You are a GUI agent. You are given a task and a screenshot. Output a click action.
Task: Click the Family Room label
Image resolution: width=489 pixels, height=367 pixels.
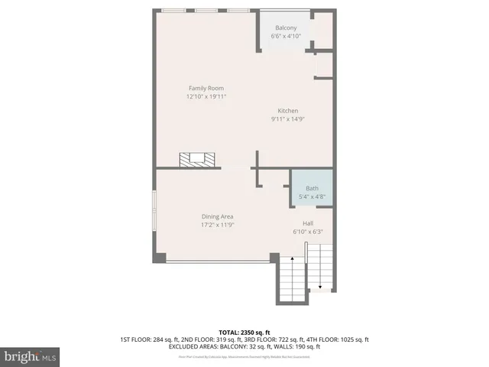[x=206, y=88]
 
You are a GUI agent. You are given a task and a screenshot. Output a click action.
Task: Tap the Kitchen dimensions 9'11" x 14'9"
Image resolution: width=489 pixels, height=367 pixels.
[x=288, y=119]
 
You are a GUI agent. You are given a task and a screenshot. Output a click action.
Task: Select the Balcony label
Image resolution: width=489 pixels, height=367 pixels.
[x=287, y=28]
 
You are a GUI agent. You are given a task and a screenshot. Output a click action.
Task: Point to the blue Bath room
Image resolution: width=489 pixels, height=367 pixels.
[x=312, y=193]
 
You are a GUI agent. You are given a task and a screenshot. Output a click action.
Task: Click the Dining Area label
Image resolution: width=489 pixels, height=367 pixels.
[x=217, y=216]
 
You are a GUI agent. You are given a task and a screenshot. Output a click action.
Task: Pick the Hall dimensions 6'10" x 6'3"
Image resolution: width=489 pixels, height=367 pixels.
[x=308, y=232]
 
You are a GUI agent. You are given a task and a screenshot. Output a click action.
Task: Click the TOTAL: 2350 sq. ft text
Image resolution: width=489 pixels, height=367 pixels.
[x=244, y=331]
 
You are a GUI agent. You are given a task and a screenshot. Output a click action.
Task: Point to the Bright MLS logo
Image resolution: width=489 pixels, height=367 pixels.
[x=31, y=356]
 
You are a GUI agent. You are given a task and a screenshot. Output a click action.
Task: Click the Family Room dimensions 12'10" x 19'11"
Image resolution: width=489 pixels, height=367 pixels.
[x=206, y=96]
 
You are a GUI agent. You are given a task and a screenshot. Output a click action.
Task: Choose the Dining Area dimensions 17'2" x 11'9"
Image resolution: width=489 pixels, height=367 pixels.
[x=217, y=225]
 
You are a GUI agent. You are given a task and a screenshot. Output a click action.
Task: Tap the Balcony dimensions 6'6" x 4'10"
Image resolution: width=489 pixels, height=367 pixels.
[x=287, y=37]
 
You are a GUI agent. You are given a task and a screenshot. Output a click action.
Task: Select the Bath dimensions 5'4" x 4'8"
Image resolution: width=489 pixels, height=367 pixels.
[x=312, y=197]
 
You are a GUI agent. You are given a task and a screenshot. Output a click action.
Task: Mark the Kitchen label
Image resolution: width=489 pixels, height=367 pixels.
[x=288, y=110]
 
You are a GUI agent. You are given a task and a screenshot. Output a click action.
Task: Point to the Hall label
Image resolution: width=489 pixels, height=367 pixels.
[x=308, y=223]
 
